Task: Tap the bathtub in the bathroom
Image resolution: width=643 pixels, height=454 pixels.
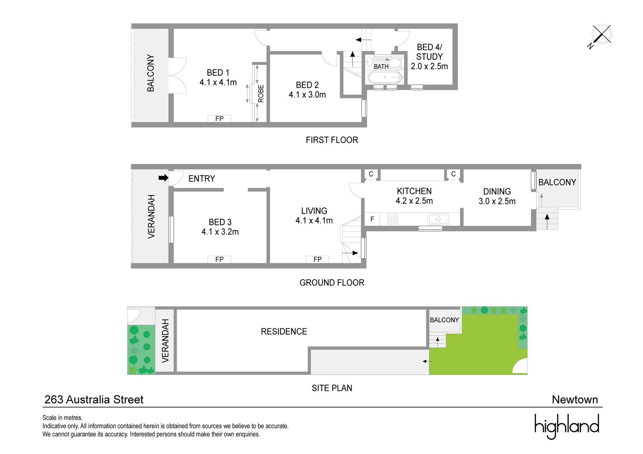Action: pyautogui.click(x=385, y=77)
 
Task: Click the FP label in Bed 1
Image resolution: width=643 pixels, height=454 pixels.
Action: pyautogui.click(x=219, y=119)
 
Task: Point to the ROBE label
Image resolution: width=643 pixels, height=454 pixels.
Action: pyautogui.click(x=261, y=93)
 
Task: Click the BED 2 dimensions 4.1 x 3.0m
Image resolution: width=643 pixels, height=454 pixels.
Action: pyautogui.click(x=307, y=95)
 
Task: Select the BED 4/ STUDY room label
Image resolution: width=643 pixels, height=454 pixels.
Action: pyautogui.click(x=429, y=52)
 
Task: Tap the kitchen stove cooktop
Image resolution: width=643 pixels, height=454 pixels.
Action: pyautogui.click(x=392, y=219)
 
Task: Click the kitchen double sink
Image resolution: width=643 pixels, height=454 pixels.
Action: pyautogui.click(x=438, y=219)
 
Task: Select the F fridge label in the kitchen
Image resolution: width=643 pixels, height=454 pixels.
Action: pyautogui.click(x=372, y=219)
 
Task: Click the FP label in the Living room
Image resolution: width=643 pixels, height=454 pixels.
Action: pyautogui.click(x=318, y=259)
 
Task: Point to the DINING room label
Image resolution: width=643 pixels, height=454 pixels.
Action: pyautogui.click(x=497, y=191)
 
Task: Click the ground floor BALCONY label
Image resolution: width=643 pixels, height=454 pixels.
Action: pyautogui.click(x=557, y=182)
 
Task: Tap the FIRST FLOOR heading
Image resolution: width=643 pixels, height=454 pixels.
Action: pyautogui.click(x=331, y=140)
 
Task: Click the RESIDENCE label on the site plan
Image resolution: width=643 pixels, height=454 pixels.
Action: pyautogui.click(x=284, y=332)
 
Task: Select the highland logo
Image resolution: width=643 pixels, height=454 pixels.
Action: pyautogui.click(x=566, y=426)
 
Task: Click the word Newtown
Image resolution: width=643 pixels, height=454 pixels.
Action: pyautogui.click(x=574, y=400)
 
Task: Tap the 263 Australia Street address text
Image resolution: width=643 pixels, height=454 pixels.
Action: pyautogui.click(x=94, y=400)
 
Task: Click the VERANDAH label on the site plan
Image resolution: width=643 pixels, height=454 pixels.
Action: pyautogui.click(x=165, y=340)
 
